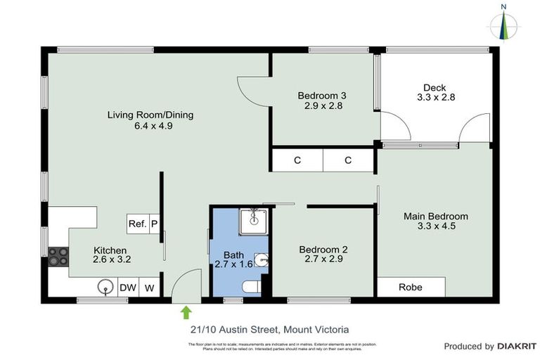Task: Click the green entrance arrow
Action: (186, 311)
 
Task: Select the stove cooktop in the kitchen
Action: (58, 257)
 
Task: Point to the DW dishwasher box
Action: (127, 288)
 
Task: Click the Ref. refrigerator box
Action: (137, 224)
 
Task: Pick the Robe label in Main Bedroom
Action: (411, 287)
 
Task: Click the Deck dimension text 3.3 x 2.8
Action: (436, 98)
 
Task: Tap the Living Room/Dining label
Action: (150, 115)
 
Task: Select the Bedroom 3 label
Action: (322, 96)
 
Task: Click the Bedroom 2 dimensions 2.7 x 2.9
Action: (323, 259)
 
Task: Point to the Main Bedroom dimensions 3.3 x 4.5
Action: (435, 226)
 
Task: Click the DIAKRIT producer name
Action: (517, 346)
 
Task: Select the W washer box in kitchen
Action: (149, 288)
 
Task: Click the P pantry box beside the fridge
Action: (154, 224)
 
